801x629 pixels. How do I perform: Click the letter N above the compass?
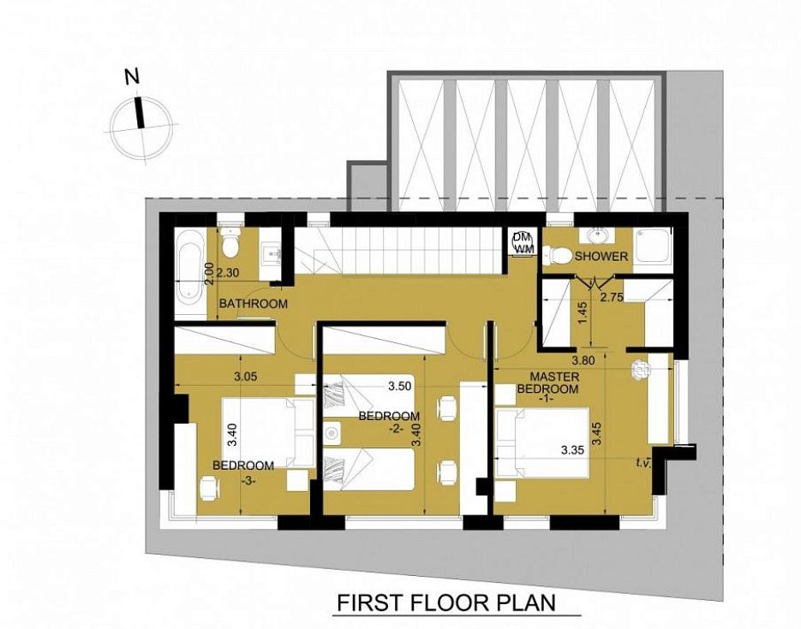pos(132,76)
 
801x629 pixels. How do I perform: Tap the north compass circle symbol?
pos(141,126)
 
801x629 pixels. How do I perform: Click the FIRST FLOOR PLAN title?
pos(446,602)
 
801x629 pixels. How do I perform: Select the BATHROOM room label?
pos(254,304)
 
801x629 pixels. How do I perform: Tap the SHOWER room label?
pos(601,257)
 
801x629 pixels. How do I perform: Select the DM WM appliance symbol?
pos(522,242)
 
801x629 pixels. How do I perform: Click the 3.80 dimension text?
pos(583,360)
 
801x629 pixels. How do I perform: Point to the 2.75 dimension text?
pos(612,297)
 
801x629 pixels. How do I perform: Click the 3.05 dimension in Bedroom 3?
pos(245,377)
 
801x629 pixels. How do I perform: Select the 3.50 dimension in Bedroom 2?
pos(399,386)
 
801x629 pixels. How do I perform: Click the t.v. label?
pos(643,463)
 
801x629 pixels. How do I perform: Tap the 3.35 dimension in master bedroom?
pos(572,450)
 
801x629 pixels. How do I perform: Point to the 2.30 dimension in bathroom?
pos(227,273)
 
